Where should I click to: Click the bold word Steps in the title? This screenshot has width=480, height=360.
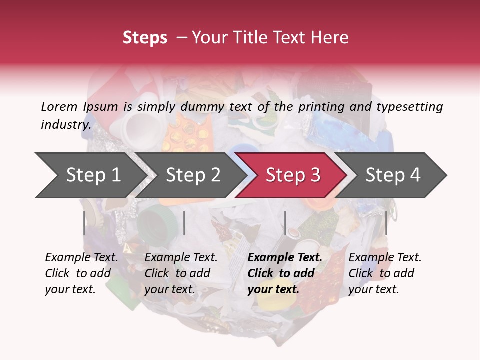point(145,38)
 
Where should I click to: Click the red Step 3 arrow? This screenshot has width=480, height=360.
point(293,175)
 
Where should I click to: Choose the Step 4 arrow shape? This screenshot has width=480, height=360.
point(393,175)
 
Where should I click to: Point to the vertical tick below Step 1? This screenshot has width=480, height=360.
point(84,223)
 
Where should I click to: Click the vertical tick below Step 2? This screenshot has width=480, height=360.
point(184,223)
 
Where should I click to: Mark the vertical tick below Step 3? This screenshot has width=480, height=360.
point(285,223)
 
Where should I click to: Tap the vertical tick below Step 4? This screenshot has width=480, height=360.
point(386,223)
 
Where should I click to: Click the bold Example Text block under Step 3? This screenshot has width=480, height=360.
point(285,273)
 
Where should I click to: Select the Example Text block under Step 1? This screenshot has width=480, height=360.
point(82,273)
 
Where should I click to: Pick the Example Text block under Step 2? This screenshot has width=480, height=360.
point(181,273)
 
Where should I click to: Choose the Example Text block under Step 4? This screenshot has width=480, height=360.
point(385,273)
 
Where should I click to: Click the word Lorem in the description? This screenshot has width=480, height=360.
point(59,106)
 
